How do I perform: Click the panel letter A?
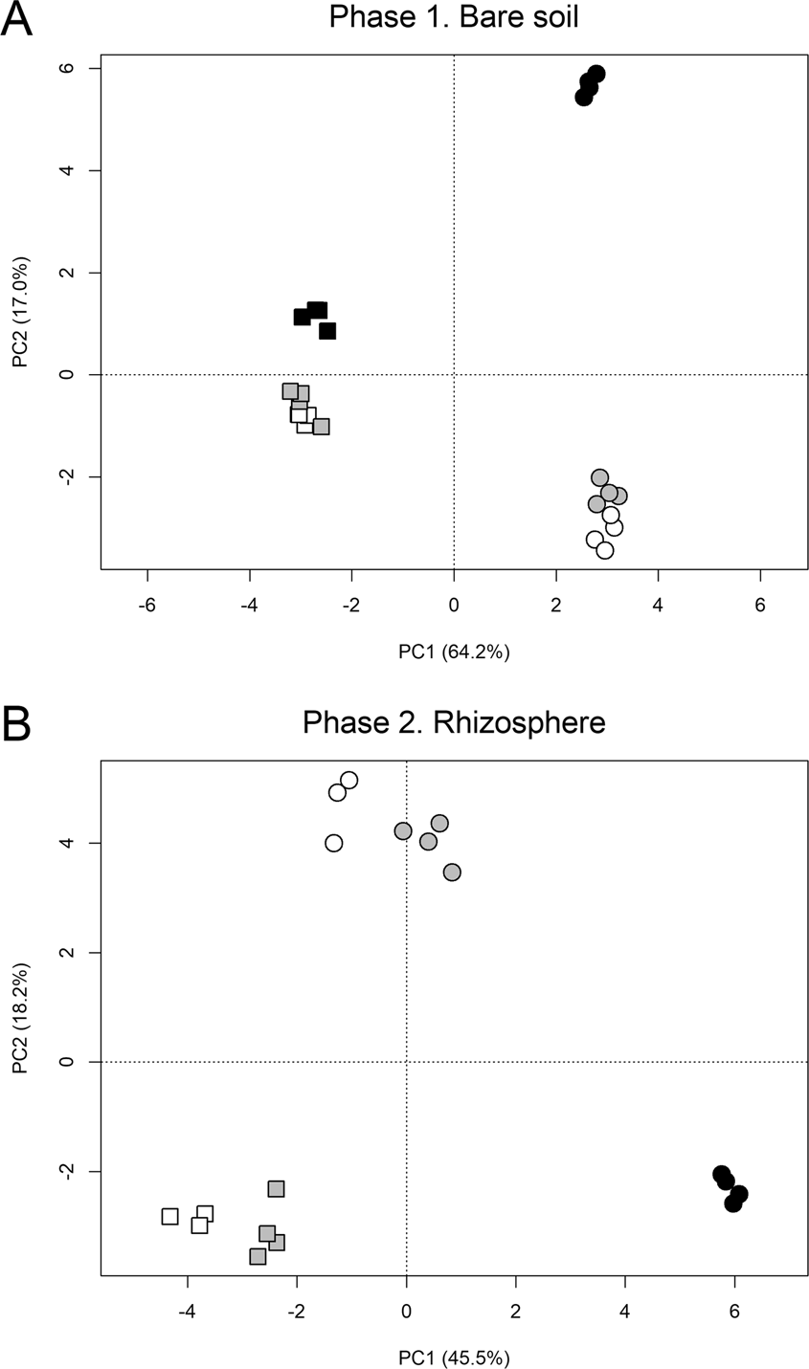pyautogui.click(x=17, y=19)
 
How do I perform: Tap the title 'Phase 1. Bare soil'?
pyautogui.click(x=453, y=17)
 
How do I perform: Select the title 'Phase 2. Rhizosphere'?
pyautogui.click(x=453, y=721)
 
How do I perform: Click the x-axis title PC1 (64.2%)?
pyautogui.click(x=454, y=651)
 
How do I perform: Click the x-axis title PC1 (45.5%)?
pyautogui.click(x=454, y=1356)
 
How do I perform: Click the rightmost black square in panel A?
pyautogui.click(x=327, y=331)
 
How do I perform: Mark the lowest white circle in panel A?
pyautogui.click(x=604, y=550)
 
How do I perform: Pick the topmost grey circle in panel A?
pyautogui.click(x=599, y=477)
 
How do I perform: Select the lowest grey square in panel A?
pyautogui.click(x=321, y=427)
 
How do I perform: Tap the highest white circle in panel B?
pyautogui.click(x=349, y=781)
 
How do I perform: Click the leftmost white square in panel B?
pyautogui.click(x=170, y=1217)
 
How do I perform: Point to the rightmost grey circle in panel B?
pyautogui.click(x=452, y=872)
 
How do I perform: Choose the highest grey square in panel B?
pyautogui.click(x=277, y=1189)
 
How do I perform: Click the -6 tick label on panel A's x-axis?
pyautogui.click(x=147, y=605)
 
